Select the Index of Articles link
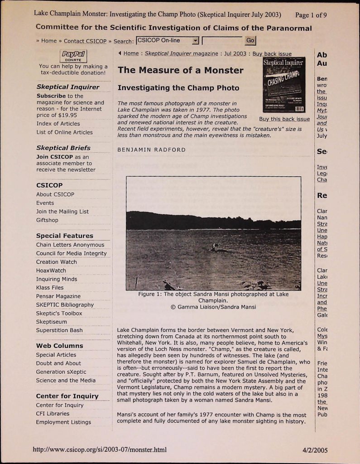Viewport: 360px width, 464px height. click(58, 124)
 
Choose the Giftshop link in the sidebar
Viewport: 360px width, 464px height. click(47, 220)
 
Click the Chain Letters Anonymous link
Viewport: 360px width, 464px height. click(70, 245)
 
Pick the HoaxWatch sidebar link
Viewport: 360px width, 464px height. click(51, 271)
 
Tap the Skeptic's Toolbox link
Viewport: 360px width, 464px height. click(59, 313)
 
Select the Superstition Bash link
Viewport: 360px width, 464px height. click(59, 330)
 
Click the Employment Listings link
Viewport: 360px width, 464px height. click(63, 422)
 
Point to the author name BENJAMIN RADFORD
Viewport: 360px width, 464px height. click(151, 150)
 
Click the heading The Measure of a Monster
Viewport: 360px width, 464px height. click(180, 70)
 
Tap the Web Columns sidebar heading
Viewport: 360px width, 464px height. click(59, 346)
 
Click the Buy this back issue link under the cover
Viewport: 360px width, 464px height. click(284, 119)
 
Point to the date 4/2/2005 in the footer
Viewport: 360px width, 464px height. click(315, 450)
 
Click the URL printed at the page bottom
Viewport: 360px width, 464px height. click(100, 450)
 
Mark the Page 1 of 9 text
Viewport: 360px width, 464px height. click(311, 14)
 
